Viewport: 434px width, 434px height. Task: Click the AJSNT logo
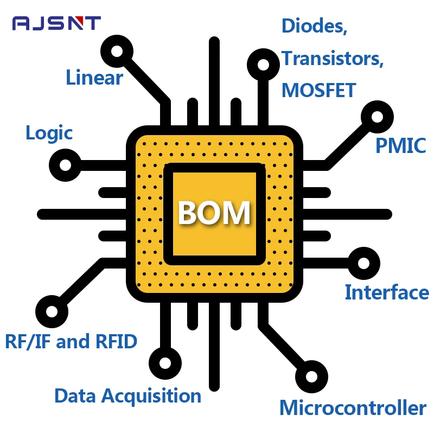pyautogui.click(x=56, y=23)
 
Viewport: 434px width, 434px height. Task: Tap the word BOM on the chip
pyautogui.click(x=214, y=213)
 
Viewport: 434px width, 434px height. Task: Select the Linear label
pyautogui.click(x=94, y=78)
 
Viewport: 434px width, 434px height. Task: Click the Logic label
pyautogui.click(x=49, y=133)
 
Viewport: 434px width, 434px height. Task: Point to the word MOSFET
pyautogui.click(x=319, y=90)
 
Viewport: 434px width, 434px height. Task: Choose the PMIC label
pyautogui.click(x=401, y=145)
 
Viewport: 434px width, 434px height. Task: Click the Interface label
pyautogui.click(x=387, y=292)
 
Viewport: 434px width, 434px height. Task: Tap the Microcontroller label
pyautogui.click(x=353, y=407)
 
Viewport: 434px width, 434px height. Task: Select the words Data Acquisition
pyautogui.click(x=128, y=396)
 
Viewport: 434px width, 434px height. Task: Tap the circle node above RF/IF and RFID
pyautogui.click(x=52, y=311)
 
